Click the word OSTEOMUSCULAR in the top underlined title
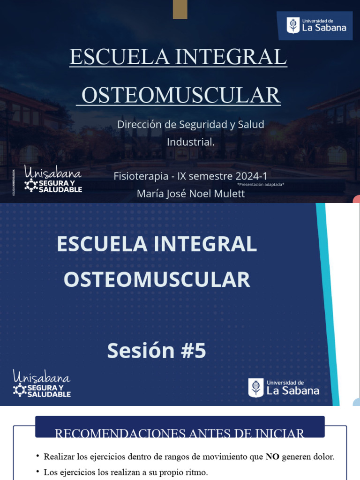181,95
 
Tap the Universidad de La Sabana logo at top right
314,25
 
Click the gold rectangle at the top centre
180,9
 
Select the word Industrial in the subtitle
190,142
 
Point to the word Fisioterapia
141,176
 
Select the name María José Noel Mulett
190,194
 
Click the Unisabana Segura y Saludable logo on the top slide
52,179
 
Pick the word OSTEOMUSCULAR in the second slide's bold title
157,280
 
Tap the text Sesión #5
157,351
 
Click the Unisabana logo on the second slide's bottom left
42,383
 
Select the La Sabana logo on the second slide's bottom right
284,388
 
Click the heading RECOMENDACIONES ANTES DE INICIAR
180,434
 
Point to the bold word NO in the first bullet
272,457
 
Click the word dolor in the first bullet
324,457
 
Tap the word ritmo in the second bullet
197,472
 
